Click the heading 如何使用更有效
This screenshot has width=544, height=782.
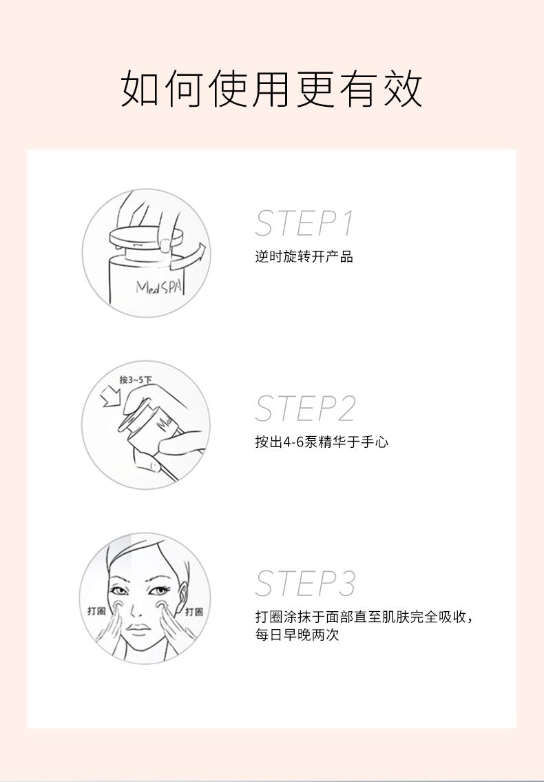tap(272, 89)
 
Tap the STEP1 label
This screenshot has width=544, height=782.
tap(304, 223)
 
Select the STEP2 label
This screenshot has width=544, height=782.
tap(305, 409)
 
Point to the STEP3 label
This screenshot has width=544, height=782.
tap(305, 583)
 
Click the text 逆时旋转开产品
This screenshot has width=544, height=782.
tap(304, 257)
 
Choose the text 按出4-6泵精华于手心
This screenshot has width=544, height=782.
tap(322, 442)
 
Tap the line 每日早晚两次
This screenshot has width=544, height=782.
tap(297, 635)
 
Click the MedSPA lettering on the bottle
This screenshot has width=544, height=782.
tap(159, 287)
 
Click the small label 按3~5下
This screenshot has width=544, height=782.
tap(135, 380)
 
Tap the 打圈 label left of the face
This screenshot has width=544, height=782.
tap(96, 611)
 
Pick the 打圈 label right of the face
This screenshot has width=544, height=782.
tap(194, 611)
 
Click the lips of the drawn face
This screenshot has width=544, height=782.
tap(138, 629)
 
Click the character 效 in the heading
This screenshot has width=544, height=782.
tap(402, 90)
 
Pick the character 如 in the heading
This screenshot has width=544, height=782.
tap(140, 90)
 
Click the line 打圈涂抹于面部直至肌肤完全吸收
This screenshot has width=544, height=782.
tap(361, 617)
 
